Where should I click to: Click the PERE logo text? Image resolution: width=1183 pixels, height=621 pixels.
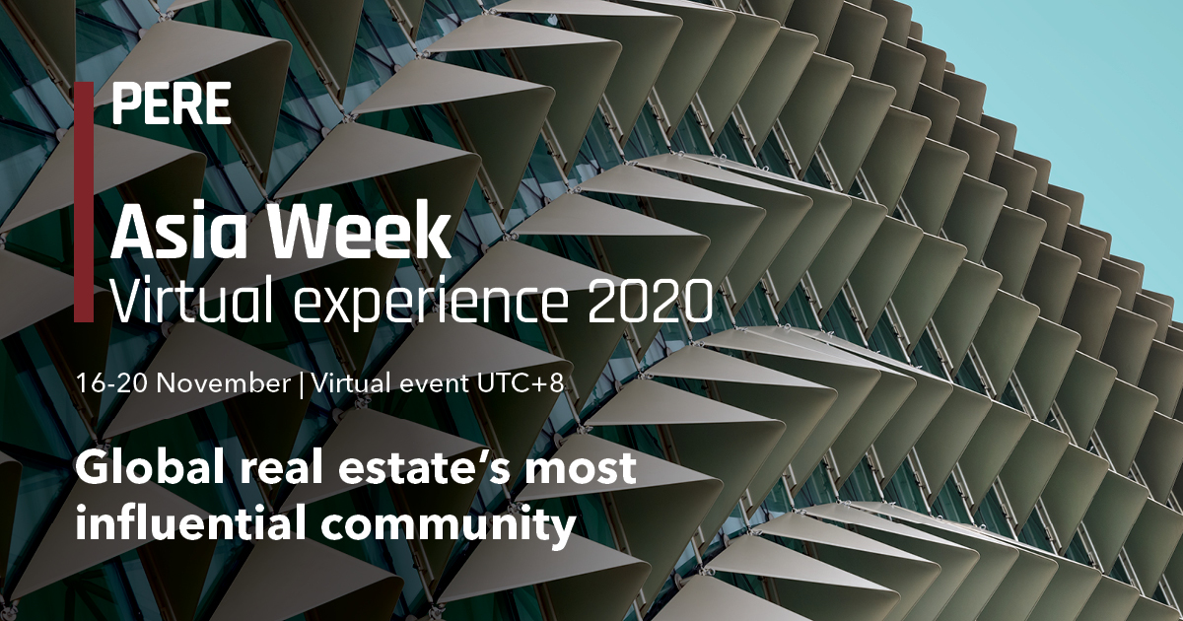(x=172, y=103)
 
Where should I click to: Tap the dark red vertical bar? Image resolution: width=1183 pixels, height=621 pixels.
(x=84, y=202)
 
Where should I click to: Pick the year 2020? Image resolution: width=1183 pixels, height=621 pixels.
(x=651, y=300)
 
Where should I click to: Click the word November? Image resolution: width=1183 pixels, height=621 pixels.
(x=224, y=382)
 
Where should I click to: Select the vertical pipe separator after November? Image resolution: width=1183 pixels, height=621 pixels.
(x=302, y=384)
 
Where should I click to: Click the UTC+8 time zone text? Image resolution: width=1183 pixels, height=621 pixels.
(x=521, y=382)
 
